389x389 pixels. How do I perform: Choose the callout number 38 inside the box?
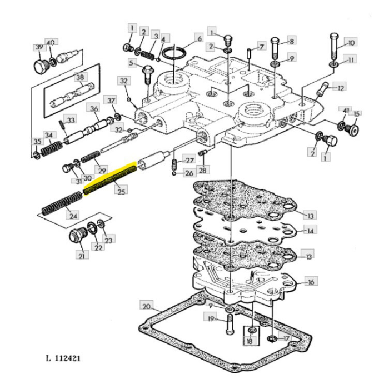pyautogui.click(x=81, y=78)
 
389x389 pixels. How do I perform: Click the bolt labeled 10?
pyautogui.click(x=334, y=51)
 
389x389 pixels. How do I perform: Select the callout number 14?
pyautogui.click(x=310, y=230)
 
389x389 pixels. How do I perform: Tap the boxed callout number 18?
pyautogui.click(x=250, y=340)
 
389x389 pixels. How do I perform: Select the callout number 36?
pyautogui.click(x=94, y=108)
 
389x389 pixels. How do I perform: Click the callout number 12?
pyautogui.click(x=340, y=87)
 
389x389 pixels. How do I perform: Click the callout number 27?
pyautogui.click(x=189, y=161)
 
